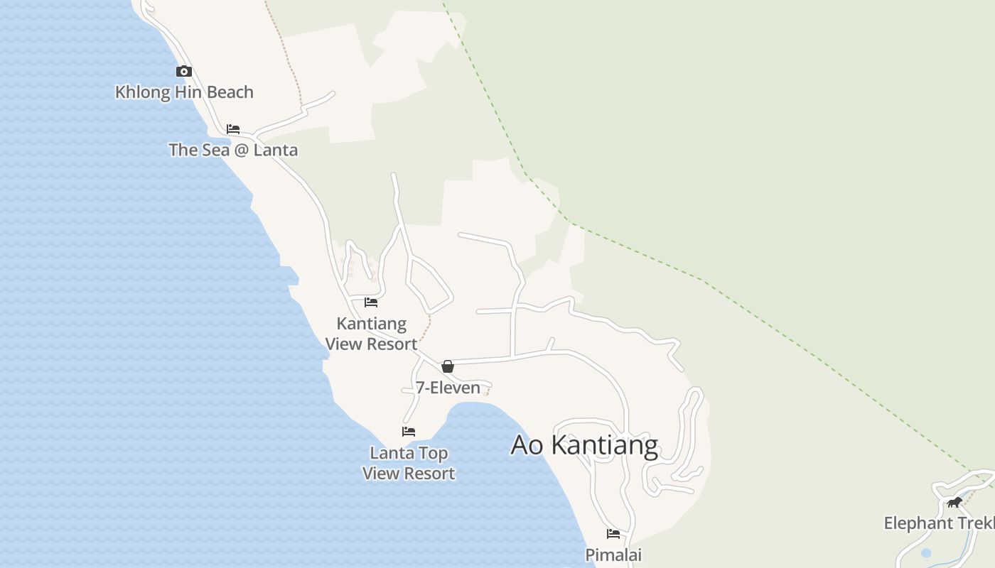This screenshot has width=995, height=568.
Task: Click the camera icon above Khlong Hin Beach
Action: click(184, 71)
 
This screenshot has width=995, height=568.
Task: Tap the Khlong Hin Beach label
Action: click(184, 92)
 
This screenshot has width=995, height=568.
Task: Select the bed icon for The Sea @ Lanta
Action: click(233, 129)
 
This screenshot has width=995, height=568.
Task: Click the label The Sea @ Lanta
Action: click(233, 150)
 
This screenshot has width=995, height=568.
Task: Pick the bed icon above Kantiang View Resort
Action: click(371, 302)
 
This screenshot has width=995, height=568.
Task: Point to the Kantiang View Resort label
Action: click(371, 334)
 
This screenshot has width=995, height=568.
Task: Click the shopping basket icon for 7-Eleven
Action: click(448, 366)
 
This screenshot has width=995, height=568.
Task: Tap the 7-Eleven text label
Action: click(448, 388)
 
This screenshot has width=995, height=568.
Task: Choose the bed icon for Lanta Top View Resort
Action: click(409, 432)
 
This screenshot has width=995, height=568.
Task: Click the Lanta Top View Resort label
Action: click(409, 463)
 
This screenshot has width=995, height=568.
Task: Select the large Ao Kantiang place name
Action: click(584, 445)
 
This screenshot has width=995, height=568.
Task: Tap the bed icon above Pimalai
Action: click(613, 534)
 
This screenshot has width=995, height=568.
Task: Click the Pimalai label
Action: click(613, 555)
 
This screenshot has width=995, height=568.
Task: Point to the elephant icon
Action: click(954, 503)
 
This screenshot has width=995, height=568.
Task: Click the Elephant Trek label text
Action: click(938, 523)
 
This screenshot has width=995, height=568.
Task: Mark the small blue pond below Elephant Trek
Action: click(926, 552)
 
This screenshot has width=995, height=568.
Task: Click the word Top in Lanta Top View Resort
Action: click(435, 453)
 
